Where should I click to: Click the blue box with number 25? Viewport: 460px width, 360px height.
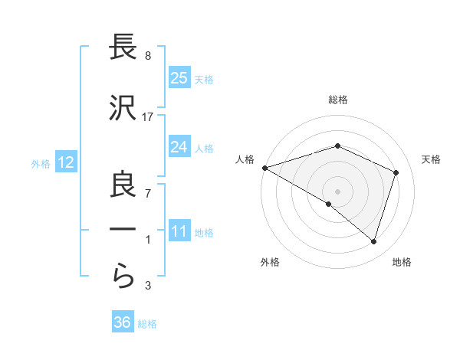179,78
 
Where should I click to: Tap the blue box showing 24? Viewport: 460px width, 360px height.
179,147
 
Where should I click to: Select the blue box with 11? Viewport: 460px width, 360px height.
179,232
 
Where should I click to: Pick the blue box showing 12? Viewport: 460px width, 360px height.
65,162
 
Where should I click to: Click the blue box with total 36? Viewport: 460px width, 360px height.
123,322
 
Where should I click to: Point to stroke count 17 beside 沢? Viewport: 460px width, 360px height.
148,116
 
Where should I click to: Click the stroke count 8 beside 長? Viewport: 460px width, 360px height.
147,56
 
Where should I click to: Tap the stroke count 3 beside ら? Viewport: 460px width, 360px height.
147,286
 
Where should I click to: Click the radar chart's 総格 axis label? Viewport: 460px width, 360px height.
337,100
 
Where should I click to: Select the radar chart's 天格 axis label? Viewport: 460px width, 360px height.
431,159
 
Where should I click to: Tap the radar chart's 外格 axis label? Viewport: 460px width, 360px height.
270,262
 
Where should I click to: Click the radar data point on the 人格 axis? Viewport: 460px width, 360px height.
264,167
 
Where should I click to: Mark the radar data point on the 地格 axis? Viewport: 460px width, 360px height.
373,242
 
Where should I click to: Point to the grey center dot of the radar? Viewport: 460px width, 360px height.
337,191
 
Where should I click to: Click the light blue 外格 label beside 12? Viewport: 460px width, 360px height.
41,163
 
